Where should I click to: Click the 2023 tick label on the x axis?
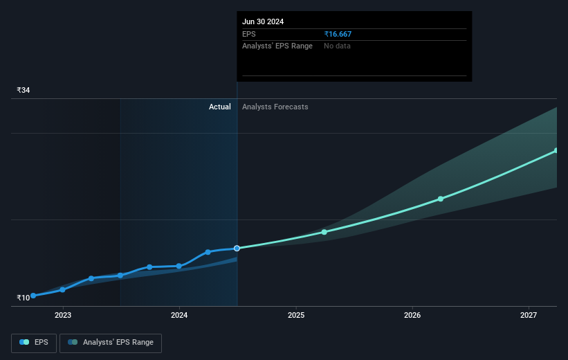tap(63, 315)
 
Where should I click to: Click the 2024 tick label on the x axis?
tap(179, 315)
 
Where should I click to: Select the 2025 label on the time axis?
tap(296, 315)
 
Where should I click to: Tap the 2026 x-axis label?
tap(412, 315)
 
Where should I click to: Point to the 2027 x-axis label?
tap(529, 315)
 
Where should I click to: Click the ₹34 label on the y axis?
tap(24, 90)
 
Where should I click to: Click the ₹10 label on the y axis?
tap(24, 298)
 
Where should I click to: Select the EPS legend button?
tap(34, 342)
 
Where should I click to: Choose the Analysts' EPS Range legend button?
tap(111, 342)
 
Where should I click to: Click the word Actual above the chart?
tap(220, 107)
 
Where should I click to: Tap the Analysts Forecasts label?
tap(275, 107)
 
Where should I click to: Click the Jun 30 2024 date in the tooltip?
tap(263, 21)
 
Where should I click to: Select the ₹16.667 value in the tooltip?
tap(342, 34)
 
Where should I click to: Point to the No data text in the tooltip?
tap(338, 46)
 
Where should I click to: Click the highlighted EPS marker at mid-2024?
tap(237, 248)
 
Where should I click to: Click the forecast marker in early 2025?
tap(324, 232)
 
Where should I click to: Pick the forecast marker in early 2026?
tap(441, 199)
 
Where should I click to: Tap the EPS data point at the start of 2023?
tap(63, 289)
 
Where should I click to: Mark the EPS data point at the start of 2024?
tap(179, 266)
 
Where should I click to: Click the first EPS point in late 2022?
tap(33, 296)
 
